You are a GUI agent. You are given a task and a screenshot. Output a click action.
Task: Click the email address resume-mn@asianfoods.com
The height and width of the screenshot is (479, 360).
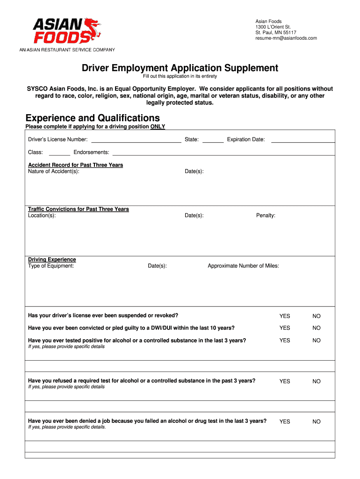(286, 38)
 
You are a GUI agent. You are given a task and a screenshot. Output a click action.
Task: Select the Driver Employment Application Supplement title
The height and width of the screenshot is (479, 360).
(180, 68)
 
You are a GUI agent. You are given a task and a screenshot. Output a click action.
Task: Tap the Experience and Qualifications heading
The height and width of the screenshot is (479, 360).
(93, 118)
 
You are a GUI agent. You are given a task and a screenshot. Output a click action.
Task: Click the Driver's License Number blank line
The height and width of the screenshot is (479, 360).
(136, 140)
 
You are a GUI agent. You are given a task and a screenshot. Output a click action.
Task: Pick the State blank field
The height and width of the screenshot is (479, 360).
(213, 140)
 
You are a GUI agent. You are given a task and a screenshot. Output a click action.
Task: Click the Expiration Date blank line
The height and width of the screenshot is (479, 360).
(303, 140)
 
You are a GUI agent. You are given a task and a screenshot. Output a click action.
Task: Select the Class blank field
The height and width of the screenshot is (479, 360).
(59, 152)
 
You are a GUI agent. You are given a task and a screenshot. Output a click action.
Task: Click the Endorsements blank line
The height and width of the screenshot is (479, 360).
(223, 152)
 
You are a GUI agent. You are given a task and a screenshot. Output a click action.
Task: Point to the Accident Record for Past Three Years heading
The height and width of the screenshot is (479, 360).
(76, 165)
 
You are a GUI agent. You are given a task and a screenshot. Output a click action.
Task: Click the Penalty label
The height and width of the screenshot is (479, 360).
(266, 216)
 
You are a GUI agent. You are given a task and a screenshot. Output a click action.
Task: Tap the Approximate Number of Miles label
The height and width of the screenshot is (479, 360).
(243, 266)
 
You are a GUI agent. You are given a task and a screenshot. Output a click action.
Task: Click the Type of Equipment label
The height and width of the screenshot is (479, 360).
(51, 266)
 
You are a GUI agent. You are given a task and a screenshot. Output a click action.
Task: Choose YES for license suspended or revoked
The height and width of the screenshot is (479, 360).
(285, 316)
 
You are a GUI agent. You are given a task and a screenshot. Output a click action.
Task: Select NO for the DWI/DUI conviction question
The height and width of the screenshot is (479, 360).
(317, 328)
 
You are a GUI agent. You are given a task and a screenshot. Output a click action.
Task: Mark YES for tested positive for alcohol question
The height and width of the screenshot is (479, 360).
(285, 341)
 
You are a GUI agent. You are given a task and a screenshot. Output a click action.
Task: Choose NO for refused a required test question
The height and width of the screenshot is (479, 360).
(317, 381)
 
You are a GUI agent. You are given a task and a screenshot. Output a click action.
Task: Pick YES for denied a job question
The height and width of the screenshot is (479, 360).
(285, 421)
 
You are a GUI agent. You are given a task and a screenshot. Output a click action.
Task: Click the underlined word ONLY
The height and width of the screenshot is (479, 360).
(158, 127)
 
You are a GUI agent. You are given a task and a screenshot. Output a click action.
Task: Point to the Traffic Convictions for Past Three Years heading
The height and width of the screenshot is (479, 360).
(79, 209)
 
